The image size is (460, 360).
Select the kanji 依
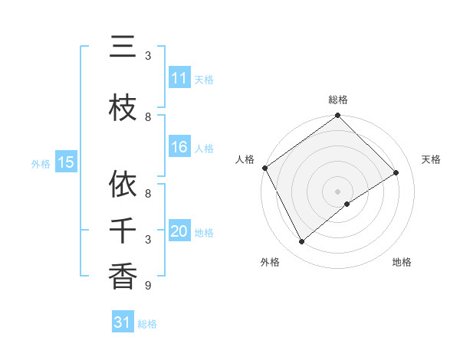[x=123, y=185]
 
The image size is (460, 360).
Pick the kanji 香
[x=123, y=277]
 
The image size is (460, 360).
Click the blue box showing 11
[x=179, y=78]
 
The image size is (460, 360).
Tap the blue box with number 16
[x=179, y=148]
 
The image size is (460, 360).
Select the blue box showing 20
[x=179, y=232]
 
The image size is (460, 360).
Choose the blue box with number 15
[x=66, y=162]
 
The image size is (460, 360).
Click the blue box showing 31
[x=123, y=322]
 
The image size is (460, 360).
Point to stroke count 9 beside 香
[x=148, y=286]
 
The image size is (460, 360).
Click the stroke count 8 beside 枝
[x=148, y=116]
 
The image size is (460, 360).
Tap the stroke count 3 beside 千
[x=148, y=240]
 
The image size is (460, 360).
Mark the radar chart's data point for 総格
[x=337, y=116]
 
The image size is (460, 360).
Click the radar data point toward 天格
[x=396, y=172]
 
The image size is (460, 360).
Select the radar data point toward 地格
[x=347, y=204]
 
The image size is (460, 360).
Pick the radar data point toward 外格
[x=301, y=242]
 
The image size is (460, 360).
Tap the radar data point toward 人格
[x=264, y=168]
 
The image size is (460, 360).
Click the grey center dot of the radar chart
[x=337, y=191]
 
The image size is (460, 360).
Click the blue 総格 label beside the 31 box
[x=148, y=324]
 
